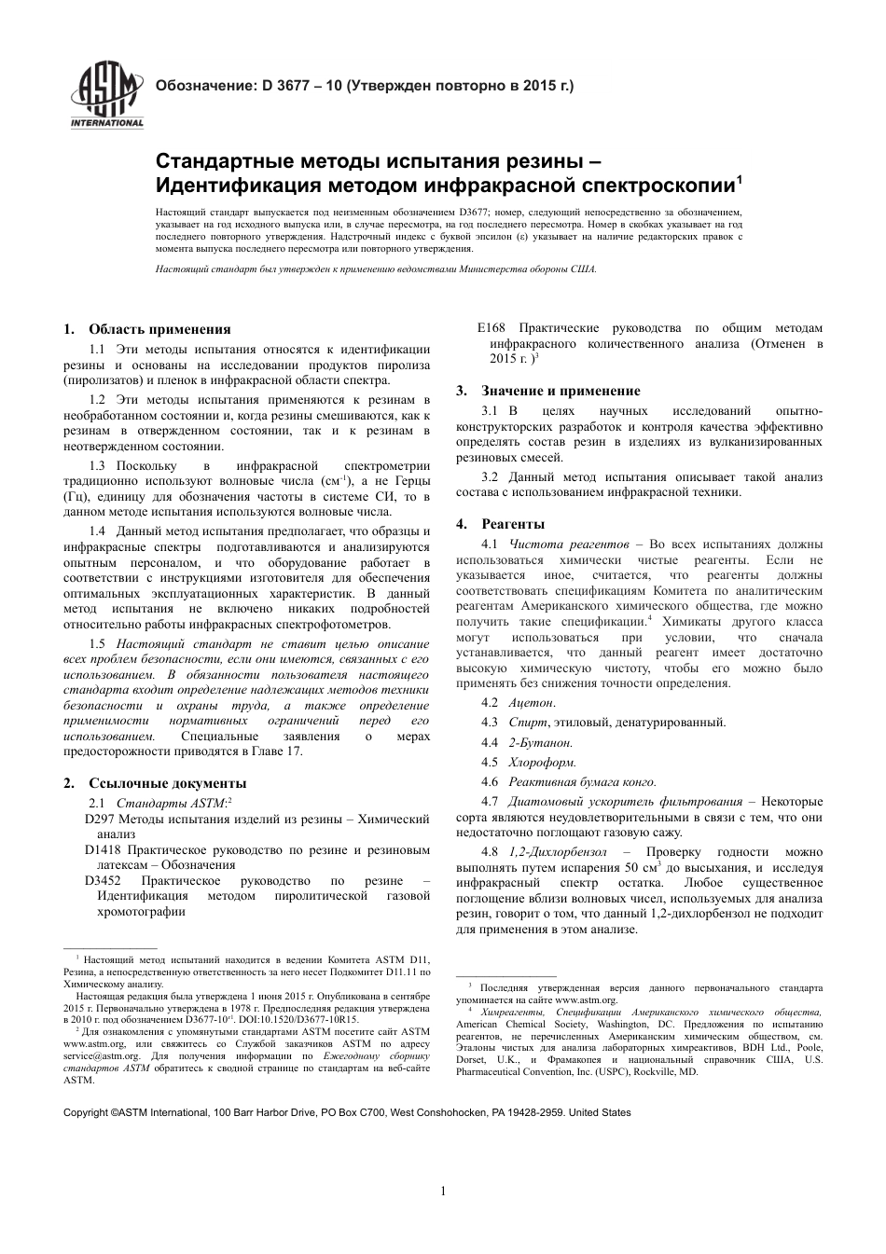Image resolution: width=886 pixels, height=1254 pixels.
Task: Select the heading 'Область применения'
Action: [x=159, y=328]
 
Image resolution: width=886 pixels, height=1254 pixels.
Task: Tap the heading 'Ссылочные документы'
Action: [x=167, y=782]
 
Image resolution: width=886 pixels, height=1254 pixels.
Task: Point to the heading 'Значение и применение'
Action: [x=561, y=391]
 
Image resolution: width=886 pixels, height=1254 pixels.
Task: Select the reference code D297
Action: [x=99, y=819]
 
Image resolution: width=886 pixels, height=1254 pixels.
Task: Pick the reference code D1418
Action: [x=103, y=850]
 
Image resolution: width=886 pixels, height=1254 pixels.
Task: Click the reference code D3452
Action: [x=103, y=880]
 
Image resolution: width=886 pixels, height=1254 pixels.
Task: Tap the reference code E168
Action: [x=491, y=328]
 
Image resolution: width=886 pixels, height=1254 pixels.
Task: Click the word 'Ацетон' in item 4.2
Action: [x=532, y=701]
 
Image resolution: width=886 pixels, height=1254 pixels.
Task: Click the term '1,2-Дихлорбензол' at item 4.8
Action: [x=558, y=852]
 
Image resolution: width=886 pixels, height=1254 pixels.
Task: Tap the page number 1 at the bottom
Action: [x=443, y=1190]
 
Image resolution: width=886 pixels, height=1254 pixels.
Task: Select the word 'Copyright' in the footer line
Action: [x=85, y=1112]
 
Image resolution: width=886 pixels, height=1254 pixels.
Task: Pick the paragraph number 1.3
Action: [x=97, y=465]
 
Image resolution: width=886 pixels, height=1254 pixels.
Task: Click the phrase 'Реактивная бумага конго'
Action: [x=582, y=782]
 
